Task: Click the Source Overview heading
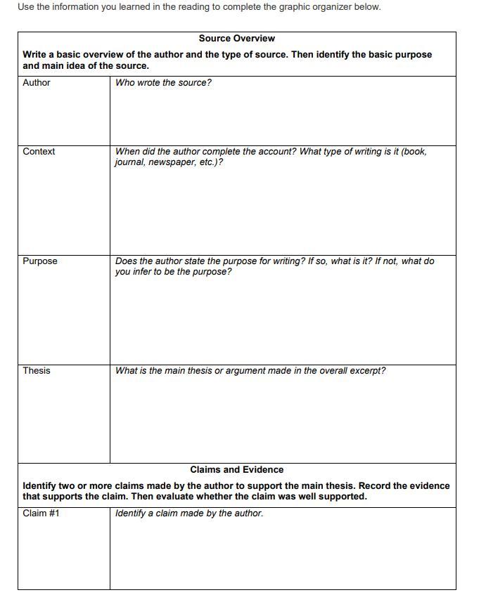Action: click(236, 39)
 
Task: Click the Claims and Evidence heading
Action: click(236, 469)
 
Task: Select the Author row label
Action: click(37, 83)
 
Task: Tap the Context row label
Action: click(39, 152)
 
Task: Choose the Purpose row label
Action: click(40, 261)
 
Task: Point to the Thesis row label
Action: click(37, 371)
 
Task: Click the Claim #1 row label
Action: click(41, 513)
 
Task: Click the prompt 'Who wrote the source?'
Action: click(163, 83)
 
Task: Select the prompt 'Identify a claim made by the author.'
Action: click(189, 513)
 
